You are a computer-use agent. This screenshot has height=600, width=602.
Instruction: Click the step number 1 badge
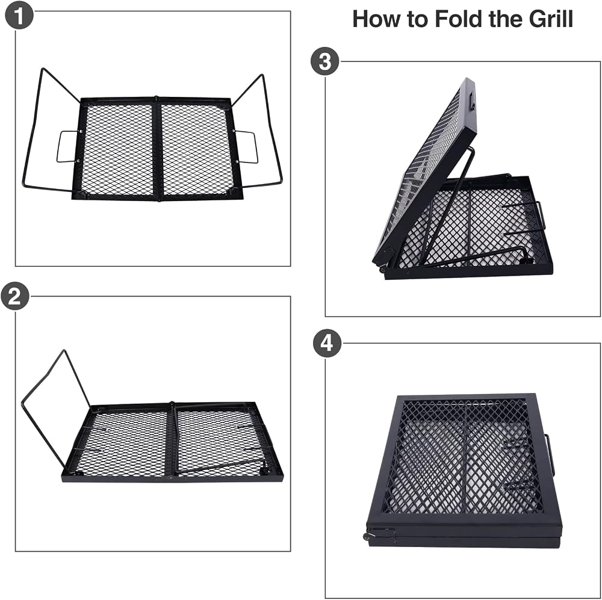click(x=19, y=15)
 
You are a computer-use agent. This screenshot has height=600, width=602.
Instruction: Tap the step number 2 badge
click(x=15, y=296)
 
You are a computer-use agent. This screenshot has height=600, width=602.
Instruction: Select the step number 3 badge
click(x=325, y=61)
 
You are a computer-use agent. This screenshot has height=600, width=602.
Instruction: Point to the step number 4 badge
click(x=326, y=343)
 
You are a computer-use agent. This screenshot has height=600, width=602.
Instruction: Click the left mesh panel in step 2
click(x=121, y=442)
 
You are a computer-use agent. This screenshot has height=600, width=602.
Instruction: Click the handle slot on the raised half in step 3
click(x=472, y=102)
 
